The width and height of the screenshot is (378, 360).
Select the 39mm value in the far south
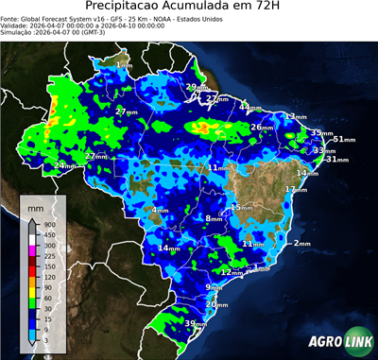[x=196, y=324]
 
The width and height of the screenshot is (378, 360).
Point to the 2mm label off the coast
[x=301, y=243]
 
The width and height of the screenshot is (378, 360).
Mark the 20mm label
[x=216, y=304]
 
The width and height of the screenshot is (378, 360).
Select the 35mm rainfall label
[x=322, y=133]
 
